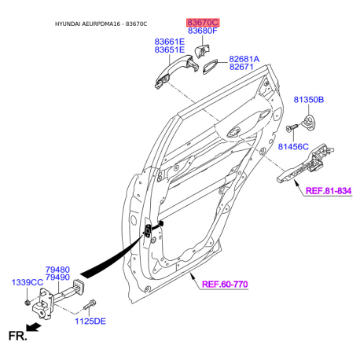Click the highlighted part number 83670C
coord(203,22)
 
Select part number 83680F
coord(203,31)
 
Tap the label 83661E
coord(170,42)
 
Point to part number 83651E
coord(170,50)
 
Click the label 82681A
coord(244,59)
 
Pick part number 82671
coord(241,67)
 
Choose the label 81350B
coord(309,100)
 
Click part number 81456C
coord(293,147)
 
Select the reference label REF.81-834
coord(329,191)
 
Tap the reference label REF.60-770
coord(225,285)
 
